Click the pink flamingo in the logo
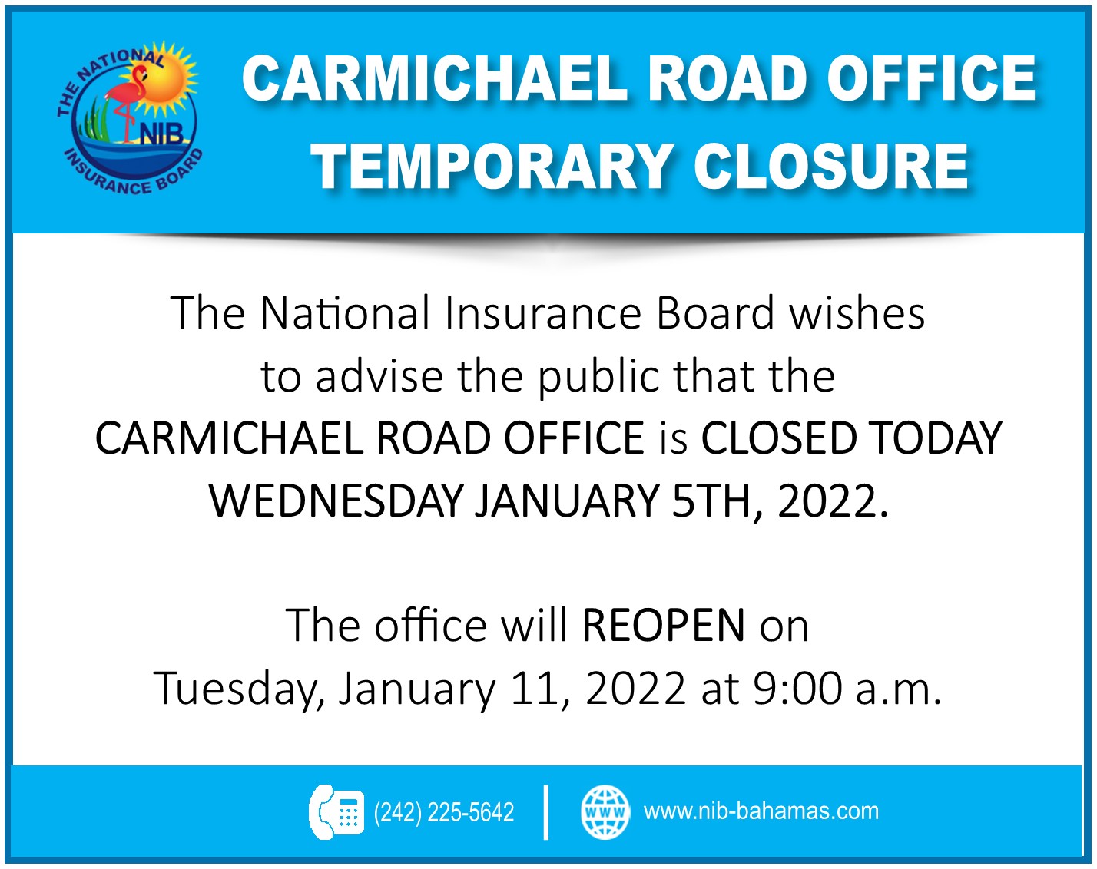(125, 99)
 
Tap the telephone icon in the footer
(336, 811)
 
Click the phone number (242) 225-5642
(443, 812)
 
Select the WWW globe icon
(605, 812)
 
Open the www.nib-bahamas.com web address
(761, 811)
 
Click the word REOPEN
(663, 626)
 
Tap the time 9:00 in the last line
(797, 689)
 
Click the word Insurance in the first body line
(542, 313)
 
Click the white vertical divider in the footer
(546, 812)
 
